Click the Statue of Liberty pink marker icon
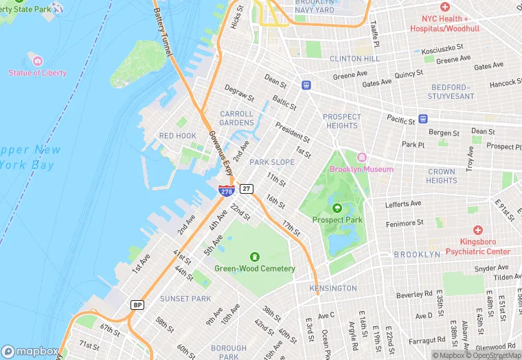pos(38,61)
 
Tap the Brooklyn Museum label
pos(361,169)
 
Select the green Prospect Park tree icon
pos(337,207)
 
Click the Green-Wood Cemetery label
pos(254,269)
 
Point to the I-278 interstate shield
pos(225,190)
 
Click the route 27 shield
pos(247,189)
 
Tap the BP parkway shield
pos(137,304)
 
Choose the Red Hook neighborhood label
pos(178,136)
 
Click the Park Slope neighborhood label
pos(272,162)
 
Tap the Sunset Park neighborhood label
pos(185,299)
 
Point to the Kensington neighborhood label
pos(333,288)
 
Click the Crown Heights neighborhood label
pos(441,176)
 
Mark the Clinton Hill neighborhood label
pos(354,59)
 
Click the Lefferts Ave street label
pos(403,204)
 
